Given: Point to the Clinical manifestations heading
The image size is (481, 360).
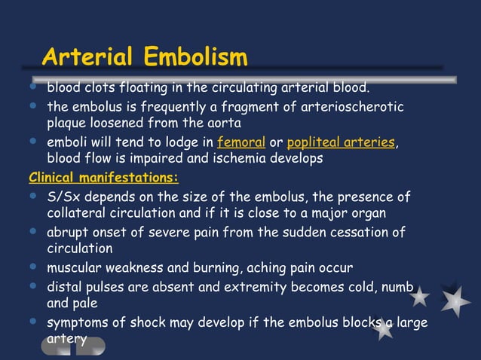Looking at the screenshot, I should pos(103,178).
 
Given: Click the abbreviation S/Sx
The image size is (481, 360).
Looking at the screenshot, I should pos(64,197).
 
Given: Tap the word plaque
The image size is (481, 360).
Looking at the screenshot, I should pos(68,123).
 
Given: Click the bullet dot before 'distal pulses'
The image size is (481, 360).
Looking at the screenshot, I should pos(32,286).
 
